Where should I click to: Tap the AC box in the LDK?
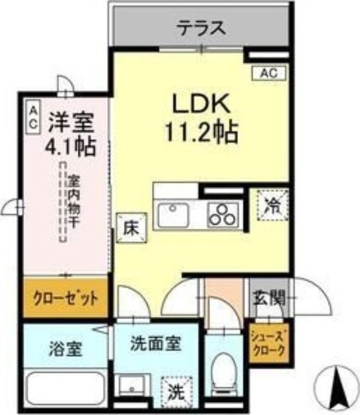point(269,74)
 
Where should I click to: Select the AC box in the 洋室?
point(33,117)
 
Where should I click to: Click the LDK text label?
point(201,105)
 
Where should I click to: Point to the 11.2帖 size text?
point(201,133)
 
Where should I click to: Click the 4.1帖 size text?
point(71,146)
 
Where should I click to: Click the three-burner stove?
point(223,214)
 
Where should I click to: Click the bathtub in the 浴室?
point(66,387)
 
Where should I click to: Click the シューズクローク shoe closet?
point(268,344)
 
